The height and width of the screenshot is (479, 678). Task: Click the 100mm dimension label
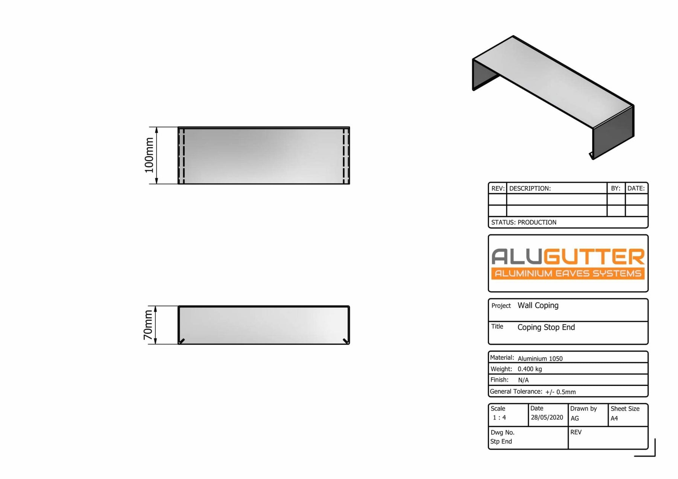(149, 155)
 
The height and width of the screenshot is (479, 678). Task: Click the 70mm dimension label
(148, 325)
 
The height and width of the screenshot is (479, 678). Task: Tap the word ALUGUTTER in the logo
(568, 257)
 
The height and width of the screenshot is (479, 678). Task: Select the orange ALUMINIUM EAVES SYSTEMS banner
(568, 273)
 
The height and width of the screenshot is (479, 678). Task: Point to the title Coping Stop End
(546, 327)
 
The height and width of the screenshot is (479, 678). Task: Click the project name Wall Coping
(538, 305)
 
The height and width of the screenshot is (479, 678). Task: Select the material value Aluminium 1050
(540, 358)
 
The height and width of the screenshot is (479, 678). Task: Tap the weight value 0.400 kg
(530, 369)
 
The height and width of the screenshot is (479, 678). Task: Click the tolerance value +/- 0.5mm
(560, 392)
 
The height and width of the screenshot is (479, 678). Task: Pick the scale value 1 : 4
(499, 418)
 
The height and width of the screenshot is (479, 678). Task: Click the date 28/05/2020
(547, 417)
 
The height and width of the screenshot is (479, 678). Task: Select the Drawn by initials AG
(574, 418)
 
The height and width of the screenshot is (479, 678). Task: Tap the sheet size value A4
(614, 418)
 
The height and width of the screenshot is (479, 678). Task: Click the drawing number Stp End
(501, 441)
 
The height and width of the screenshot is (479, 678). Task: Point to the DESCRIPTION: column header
(530, 188)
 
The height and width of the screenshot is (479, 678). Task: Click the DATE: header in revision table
(636, 188)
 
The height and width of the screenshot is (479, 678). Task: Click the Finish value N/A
(523, 380)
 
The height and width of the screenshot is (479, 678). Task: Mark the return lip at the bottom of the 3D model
(591, 156)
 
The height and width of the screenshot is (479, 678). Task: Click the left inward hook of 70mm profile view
(182, 341)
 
